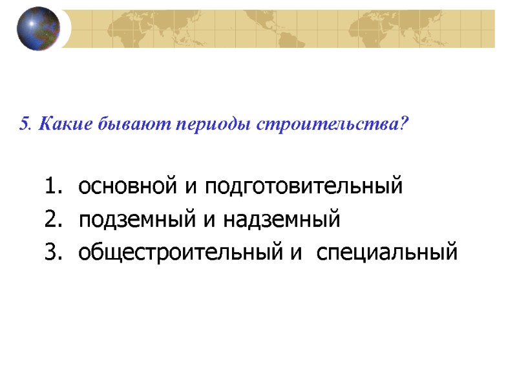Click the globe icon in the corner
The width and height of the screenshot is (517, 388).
coord(38,28)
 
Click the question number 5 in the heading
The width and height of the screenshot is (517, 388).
coord(24,124)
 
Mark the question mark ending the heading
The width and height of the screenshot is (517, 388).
coord(405,124)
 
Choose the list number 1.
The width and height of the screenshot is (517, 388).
coord(51,187)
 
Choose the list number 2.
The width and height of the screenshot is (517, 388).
coord(51,220)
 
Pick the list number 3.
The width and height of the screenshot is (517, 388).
coord(51,252)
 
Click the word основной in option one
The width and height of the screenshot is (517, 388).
coord(129,188)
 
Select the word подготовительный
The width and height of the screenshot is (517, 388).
coord(304,188)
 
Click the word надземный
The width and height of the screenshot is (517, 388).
coord(282,221)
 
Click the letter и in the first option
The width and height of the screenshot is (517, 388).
coord(191,188)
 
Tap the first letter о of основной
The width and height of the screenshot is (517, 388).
coord(83,188)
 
